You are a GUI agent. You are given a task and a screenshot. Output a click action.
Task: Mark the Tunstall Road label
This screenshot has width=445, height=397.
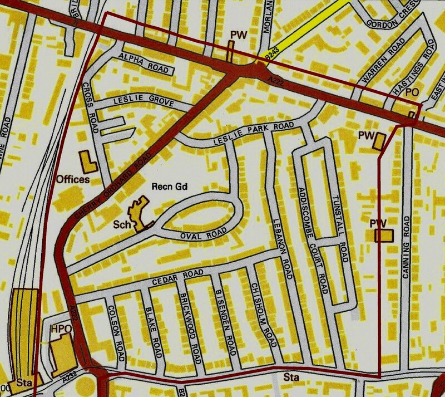tap(341, 228)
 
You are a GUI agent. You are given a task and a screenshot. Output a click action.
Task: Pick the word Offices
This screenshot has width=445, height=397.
tap(73, 180)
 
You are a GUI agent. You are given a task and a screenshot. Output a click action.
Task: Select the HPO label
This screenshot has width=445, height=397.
tap(61, 329)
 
